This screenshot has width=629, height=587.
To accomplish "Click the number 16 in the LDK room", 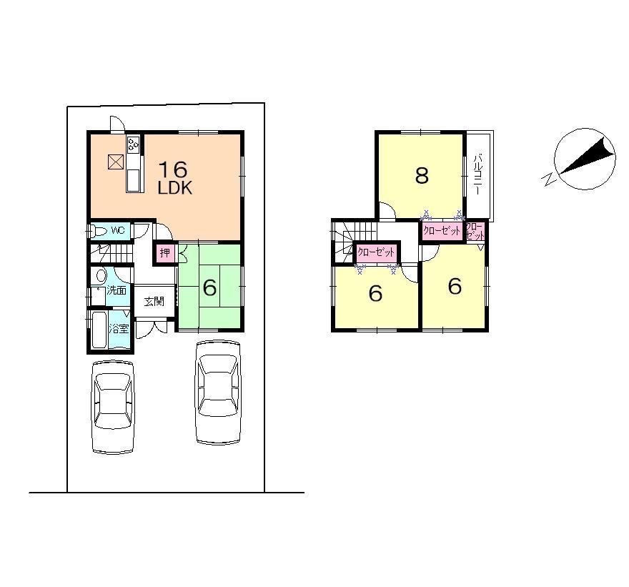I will pyautogui.click(x=172, y=169).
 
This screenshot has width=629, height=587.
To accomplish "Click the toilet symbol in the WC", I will pyautogui.click(x=96, y=231).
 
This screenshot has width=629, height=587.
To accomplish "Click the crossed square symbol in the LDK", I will pyautogui.click(x=115, y=162).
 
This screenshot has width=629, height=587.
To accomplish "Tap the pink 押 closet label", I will pyautogui.click(x=165, y=253).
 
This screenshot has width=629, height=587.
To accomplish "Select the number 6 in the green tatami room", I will pyautogui.click(x=209, y=287).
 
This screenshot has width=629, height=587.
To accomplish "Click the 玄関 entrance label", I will pyautogui.click(x=154, y=301).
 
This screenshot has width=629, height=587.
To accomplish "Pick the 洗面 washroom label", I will pyautogui.click(x=117, y=290).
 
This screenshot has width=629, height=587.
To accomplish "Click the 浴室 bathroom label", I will pyautogui.click(x=119, y=329).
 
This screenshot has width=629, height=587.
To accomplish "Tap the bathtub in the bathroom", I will pyautogui.click(x=99, y=330).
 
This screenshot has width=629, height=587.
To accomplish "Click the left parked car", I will pyautogui.click(x=113, y=406).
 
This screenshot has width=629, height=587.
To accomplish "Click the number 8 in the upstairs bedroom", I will pyautogui.click(x=422, y=175).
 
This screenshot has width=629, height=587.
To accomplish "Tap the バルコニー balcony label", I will pyautogui.click(x=477, y=176).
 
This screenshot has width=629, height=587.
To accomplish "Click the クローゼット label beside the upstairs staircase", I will pyautogui.click(x=376, y=252).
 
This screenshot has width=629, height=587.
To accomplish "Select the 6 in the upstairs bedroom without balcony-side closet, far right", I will pyautogui.click(x=455, y=286).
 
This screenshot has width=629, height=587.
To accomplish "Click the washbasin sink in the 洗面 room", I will pyautogui.click(x=101, y=276).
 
